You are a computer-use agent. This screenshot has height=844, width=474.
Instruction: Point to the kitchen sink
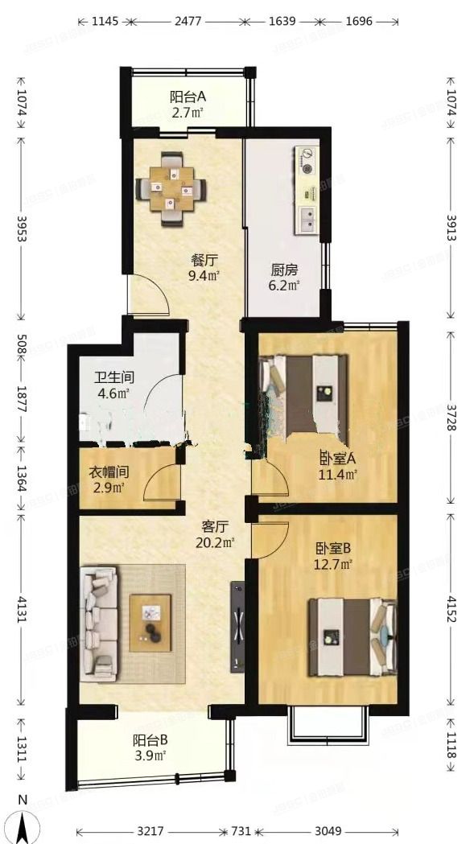point(307,218)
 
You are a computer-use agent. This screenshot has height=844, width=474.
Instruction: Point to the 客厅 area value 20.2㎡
point(216,542)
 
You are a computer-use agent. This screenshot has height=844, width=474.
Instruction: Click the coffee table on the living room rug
point(150,621)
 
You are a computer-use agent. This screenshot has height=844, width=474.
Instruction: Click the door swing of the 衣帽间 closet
point(159,485)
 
